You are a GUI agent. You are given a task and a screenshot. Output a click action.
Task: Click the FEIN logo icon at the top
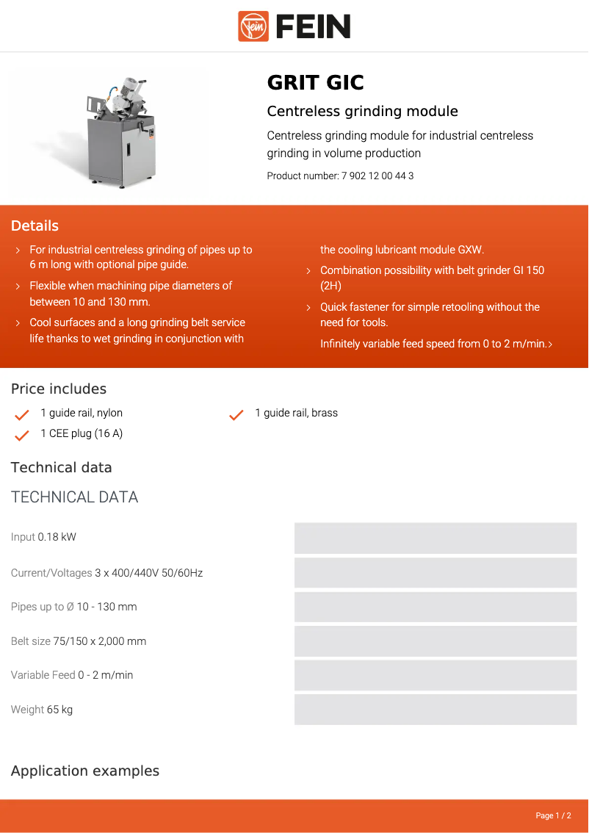pyautogui.click(x=253, y=26)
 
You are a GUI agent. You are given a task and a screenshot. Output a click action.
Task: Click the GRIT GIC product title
pyautogui.click(x=315, y=83)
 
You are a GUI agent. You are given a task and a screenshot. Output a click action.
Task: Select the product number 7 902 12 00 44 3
pyautogui.click(x=377, y=176)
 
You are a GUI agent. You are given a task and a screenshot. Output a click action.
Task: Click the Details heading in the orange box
pyautogui.click(x=35, y=226)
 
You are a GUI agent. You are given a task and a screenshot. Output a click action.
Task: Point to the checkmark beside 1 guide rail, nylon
pyautogui.click(x=22, y=414)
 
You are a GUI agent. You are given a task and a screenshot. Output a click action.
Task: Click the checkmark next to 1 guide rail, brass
pyautogui.click(x=236, y=414)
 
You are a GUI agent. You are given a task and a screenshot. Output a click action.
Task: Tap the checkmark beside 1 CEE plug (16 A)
pyautogui.click(x=22, y=435)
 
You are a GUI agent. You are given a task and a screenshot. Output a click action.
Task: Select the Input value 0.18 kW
pyautogui.click(x=57, y=538)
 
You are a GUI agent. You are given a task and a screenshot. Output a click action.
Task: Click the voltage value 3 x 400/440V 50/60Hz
pyautogui.click(x=148, y=573)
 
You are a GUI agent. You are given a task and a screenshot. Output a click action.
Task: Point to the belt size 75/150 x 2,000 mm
pyautogui.click(x=100, y=641)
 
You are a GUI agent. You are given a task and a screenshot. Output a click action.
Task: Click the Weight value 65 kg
pyautogui.click(x=59, y=710)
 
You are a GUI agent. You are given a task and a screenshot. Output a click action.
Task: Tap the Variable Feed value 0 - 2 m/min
pyautogui.click(x=106, y=676)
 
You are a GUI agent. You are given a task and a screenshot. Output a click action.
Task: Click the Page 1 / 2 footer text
pyautogui.click(x=553, y=816)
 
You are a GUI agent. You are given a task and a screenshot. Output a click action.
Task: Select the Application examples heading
pyautogui.click(x=85, y=771)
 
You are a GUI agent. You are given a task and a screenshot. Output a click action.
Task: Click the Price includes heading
pyautogui.click(x=59, y=389)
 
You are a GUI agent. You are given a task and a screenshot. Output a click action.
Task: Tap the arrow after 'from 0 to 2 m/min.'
pyautogui.click(x=550, y=345)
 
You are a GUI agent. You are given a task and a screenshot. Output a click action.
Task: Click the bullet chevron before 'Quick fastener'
pyautogui.click(x=308, y=308)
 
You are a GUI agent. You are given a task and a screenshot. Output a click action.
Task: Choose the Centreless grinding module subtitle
pyautogui.click(x=362, y=112)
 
